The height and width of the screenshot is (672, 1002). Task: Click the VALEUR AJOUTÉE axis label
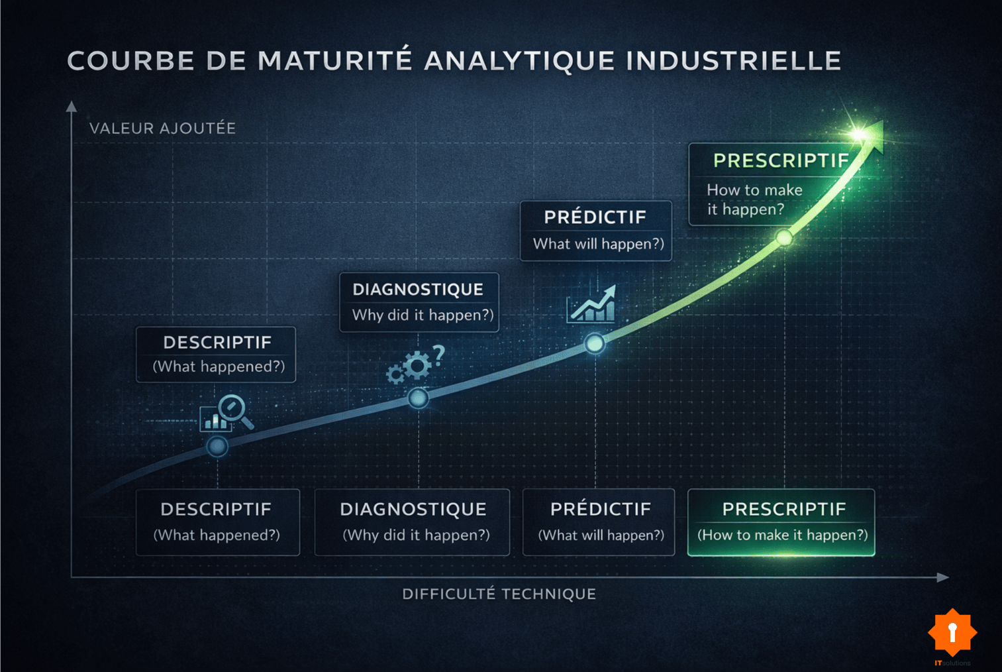162,128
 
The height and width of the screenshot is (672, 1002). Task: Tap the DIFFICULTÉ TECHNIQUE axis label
499,594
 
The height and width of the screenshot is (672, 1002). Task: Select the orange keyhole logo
952,632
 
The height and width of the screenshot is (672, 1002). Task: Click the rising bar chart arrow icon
592,305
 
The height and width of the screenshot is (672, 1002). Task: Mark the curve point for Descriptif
217,447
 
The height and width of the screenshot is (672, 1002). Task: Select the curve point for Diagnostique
418,398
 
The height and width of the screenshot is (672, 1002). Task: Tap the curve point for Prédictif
595,343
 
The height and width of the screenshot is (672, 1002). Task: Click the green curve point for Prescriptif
784,237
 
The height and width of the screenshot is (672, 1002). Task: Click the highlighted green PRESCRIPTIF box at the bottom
781,522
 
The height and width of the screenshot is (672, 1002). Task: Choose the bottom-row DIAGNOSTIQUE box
412,522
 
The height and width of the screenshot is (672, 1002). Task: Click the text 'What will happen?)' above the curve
598,244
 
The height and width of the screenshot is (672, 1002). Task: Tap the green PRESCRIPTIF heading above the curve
780,160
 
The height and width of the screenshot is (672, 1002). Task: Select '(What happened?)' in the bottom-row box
217,535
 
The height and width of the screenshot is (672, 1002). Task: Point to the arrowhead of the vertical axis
72,106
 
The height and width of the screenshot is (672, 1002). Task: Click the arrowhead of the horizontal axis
943,577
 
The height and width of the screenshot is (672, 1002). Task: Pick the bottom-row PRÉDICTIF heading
600,509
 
